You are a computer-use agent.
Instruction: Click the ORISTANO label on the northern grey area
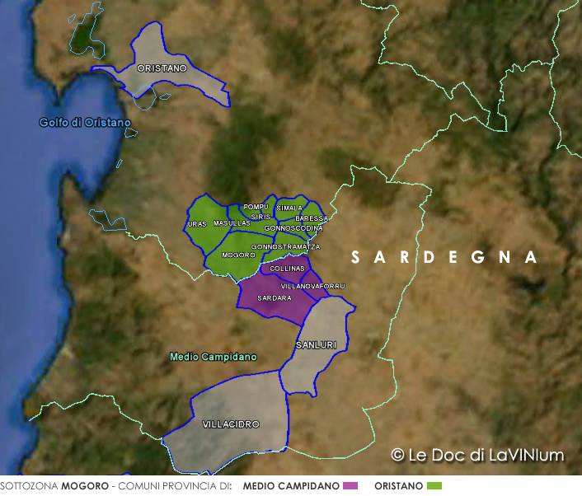click(162, 68)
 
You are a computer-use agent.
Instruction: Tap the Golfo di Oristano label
click(85, 123)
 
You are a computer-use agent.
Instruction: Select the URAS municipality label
click(197, 224)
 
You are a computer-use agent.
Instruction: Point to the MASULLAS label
click(232, 223)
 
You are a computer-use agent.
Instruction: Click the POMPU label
click(256, 207)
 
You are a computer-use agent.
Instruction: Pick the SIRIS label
click(260, 216)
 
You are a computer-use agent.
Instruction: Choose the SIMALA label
click(290, 208)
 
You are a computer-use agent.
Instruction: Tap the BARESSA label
click(312, 218)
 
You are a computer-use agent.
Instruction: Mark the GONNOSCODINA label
click(293, 227)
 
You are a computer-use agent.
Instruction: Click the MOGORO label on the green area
click(239, 255)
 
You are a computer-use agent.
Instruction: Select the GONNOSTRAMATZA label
click(286, 246)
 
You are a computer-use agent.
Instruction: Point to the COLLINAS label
click(288, 269)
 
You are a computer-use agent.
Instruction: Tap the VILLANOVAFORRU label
click(313, 286)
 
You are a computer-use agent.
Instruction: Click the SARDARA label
click(275, 297)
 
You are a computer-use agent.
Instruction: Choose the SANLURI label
click(316, 345)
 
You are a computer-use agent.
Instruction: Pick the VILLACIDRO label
click(231, 423)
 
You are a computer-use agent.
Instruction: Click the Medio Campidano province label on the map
click(213, 357)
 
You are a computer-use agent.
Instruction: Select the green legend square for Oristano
click(434, 486)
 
